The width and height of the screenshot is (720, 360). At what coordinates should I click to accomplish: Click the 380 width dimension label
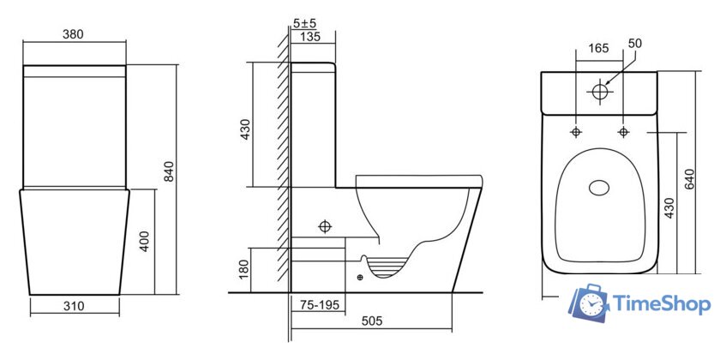pyautogui.click(x=73, y=34)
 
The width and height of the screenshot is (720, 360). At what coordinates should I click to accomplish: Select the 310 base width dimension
pyautogui.click(x=74, y=305)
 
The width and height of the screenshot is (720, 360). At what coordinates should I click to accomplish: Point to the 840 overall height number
pyautogui.click(x=169, y=171)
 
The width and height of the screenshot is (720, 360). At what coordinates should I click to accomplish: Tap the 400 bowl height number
pyautogui.click(x=144, y=241)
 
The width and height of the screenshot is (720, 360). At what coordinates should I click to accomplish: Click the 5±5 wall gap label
pyautogui.click(x=304, y=23)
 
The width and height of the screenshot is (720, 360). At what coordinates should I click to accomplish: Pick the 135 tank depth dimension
pyautogui.click(x=311, y=36)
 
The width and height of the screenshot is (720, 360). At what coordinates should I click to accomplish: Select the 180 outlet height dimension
pyautogui.click(x=243, y=269)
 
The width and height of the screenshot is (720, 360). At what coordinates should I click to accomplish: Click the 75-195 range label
pyautogui.click(x=320, y=305)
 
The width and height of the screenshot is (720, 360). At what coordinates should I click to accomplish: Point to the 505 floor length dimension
pyautogui.click(x=371, y=321)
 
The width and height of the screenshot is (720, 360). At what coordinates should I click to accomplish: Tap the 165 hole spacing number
pyautogui.click(x=598, y=48)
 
